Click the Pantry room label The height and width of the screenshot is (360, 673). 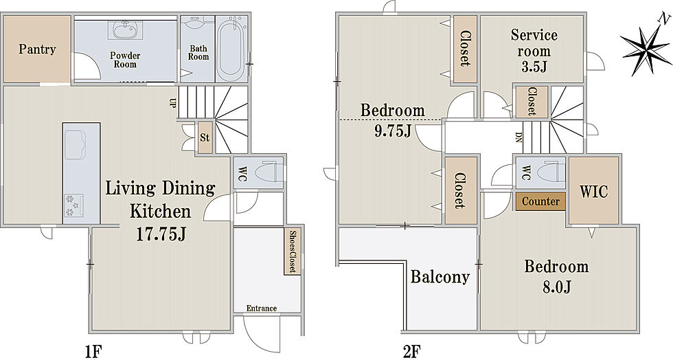pyautogui.click(x=37, y=49)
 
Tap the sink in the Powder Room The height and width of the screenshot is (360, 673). pyautogui.click(x=125, y=30)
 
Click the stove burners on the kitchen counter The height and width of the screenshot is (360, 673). pyautogui.click(x=74, y=206)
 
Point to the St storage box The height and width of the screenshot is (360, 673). pyautogui.click(x=205, y=138)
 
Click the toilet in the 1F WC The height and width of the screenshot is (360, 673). pyautogui.click(x=269, y=172)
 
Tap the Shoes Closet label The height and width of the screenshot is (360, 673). pyautogui.click(x=293, y=251)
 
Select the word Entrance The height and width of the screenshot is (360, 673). pyautogui.click(x=262, y=308)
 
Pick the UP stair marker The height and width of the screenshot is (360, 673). pyautogui.click(x=172, y=103)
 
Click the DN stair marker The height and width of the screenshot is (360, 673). pyautogui.click(x=518, y=137)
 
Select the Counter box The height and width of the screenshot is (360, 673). pyautogui.click(x=541, y=201)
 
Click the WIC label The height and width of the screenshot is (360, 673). pyautogui.click(x=593, y=191)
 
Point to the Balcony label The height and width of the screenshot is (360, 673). pyautogui.click(x=440, y=277)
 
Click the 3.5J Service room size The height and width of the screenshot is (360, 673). pyautogui.click(x=534, y=67)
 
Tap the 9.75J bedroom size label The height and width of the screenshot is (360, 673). pyautogui.click(x=393, y=131)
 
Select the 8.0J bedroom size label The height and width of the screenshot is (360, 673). pyautogui.click(x=557, y=286)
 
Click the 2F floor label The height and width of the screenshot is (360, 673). pyautogui.click(x=411, y=351)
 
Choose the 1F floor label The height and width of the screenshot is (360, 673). pyautogui.click(x=93, y=351)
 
